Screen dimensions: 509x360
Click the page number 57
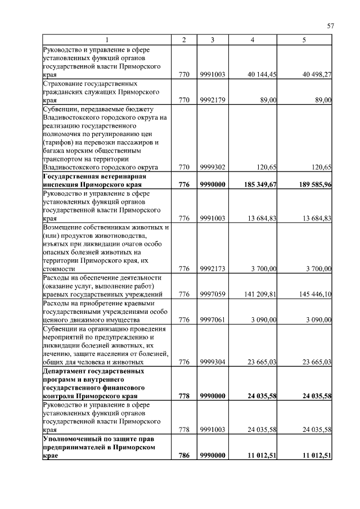point(331,25)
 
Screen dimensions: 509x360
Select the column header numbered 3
point(212,39)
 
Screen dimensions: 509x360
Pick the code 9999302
point(212,167)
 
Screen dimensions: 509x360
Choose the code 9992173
point(212,269)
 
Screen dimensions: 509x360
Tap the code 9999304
point(212,362)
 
